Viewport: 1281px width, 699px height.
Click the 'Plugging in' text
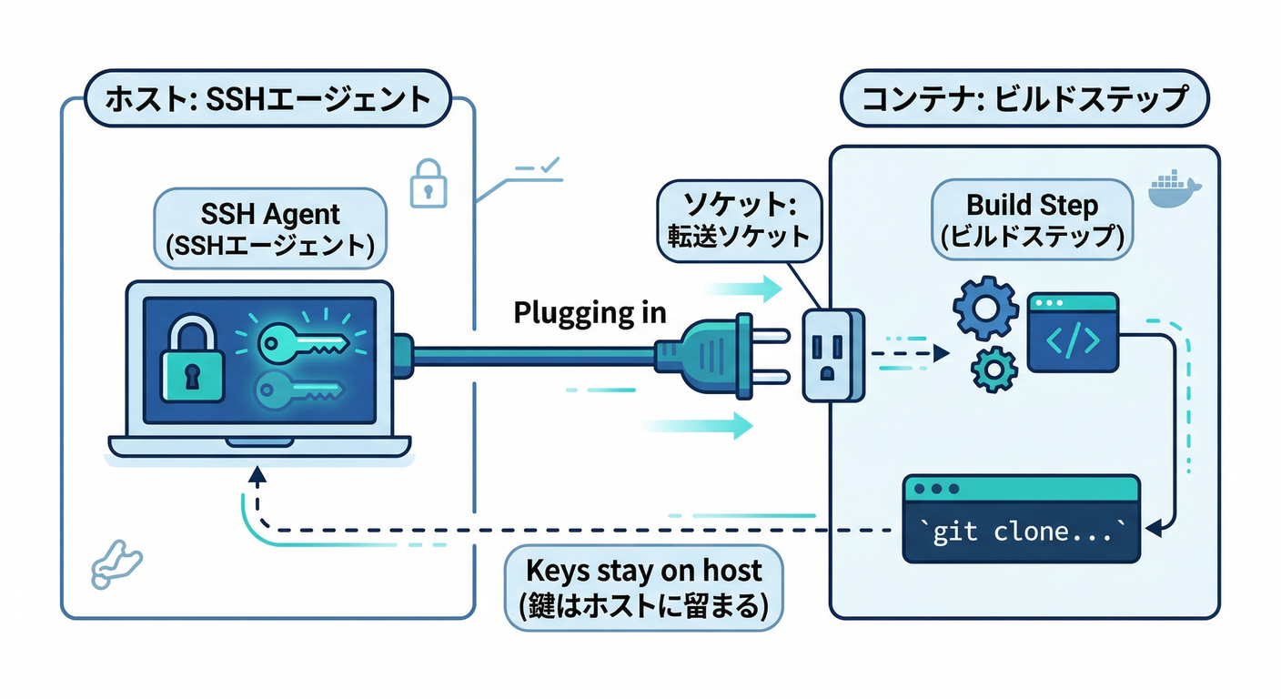(590, 312)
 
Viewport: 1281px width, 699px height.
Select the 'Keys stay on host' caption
(644, 587)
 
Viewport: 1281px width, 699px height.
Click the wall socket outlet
(832, 354)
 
